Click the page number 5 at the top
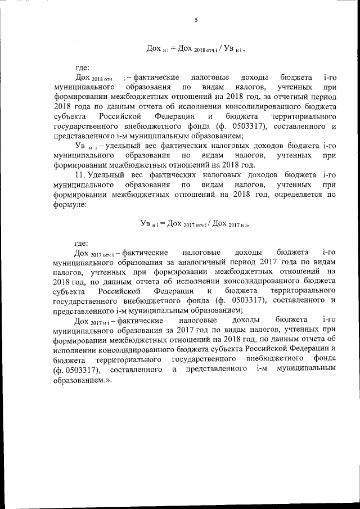195,20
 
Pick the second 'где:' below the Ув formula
82,243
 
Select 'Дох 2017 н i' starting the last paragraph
96,320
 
